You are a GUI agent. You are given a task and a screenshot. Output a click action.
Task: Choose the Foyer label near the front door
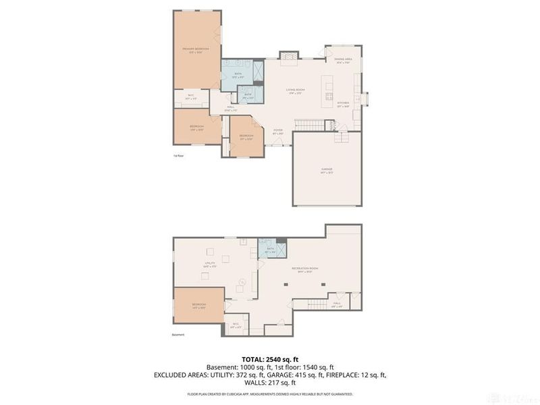click(277, 132)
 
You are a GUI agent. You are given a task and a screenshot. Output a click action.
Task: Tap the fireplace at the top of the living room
click(289, 56)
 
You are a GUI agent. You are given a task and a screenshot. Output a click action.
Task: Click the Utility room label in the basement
click(210, 265)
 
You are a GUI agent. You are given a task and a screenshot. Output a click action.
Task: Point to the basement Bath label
click(270, 250)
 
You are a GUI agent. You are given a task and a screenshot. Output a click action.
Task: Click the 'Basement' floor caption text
click(178, 335)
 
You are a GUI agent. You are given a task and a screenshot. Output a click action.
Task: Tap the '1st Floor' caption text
click(178, 156)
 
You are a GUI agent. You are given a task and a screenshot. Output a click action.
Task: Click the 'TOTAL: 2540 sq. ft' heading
click(270, 358)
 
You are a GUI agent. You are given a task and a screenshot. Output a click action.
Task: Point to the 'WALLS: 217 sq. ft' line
click(270, 383)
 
